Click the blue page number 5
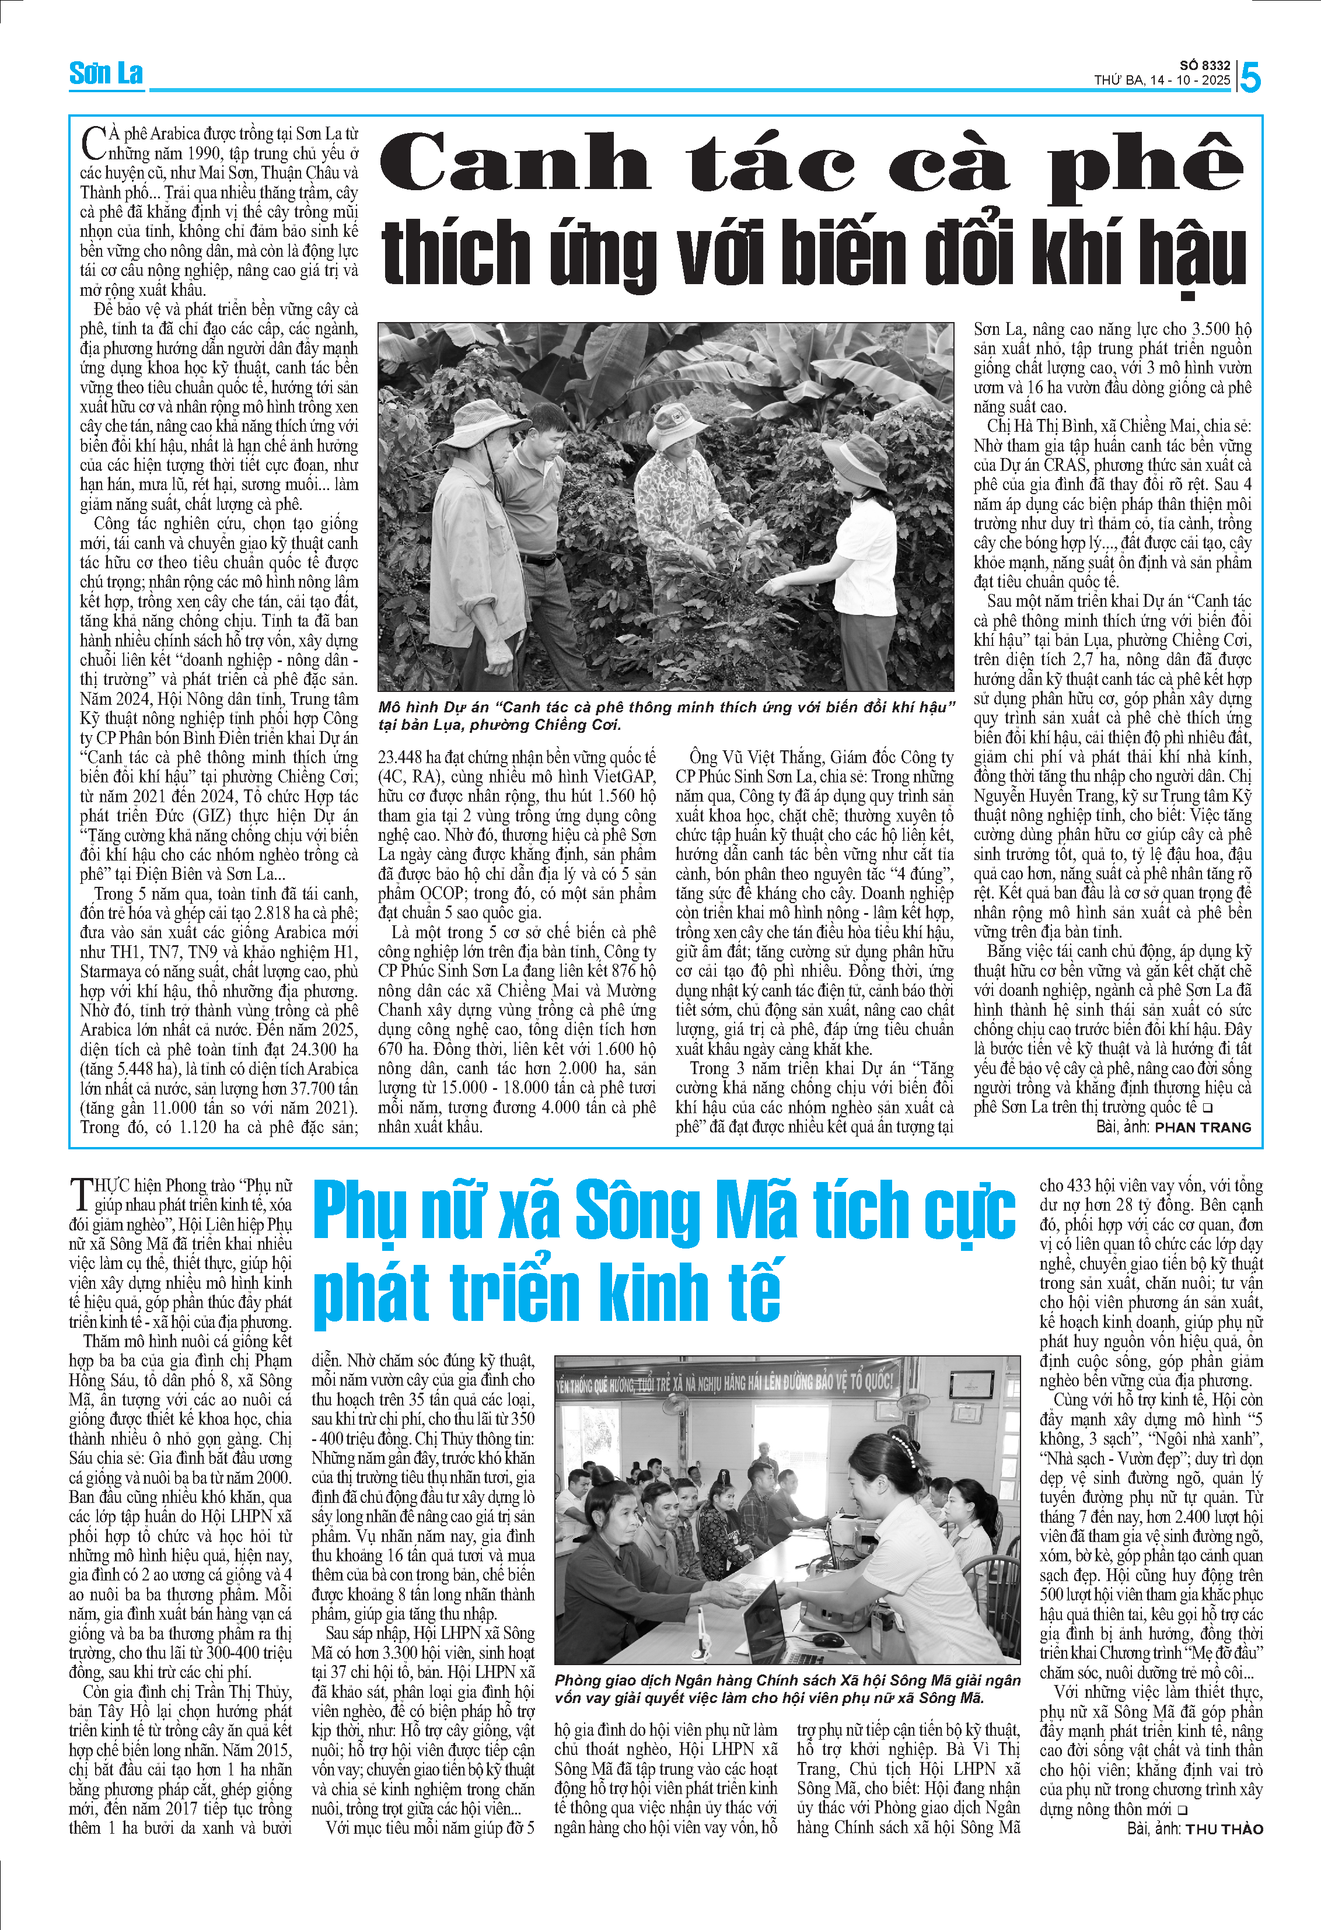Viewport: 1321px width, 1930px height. point(1250,77)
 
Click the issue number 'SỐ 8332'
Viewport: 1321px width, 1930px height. point(1205,65)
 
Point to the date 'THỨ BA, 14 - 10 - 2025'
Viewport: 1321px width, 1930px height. point(1162,81)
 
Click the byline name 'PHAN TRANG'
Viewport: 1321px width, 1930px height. point(1203,1127)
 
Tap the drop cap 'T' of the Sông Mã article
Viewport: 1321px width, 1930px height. point(81,1194)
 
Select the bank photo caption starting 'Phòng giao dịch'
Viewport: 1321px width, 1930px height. point(787,1689)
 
